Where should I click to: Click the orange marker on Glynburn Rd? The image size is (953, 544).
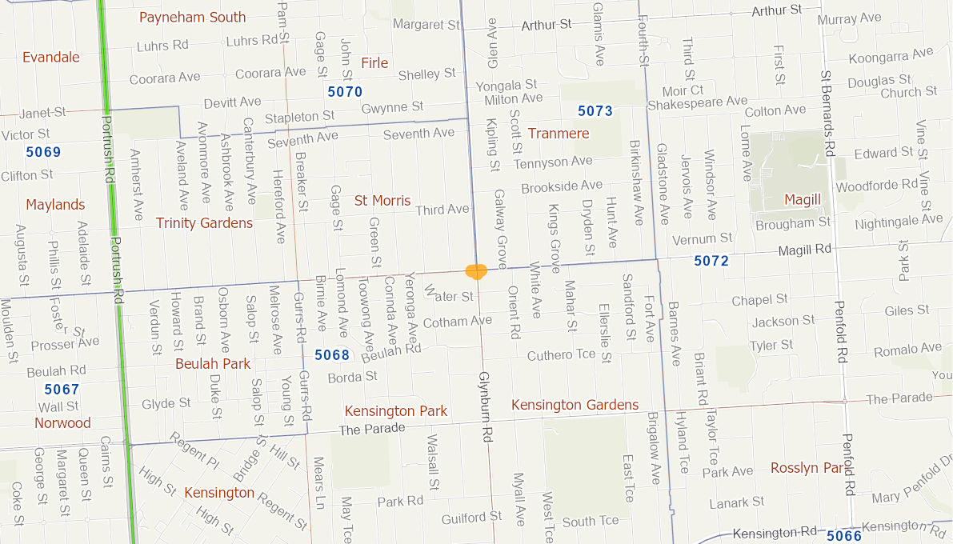(x=476, y=271)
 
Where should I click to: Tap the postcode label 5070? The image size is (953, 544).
(x=345, y=92)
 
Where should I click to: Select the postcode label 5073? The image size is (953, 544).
(x=595, y=111)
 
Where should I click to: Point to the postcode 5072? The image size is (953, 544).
(x=711, y=261)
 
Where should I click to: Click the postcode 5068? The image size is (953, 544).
(x=332, y=355)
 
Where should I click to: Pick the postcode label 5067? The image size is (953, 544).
(x=62, y=390)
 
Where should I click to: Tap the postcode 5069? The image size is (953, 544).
(x=43, y=152)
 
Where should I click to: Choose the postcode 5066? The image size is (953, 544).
(x=843, y=536)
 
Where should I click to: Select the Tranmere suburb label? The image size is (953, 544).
(x=559, y=133)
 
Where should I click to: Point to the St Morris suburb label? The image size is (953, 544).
(x=382, y=200)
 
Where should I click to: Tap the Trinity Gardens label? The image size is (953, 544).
(x=204, y=222)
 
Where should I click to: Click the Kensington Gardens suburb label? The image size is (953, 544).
(x=575, y=405)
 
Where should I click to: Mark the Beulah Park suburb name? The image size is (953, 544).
(x=213, y=363)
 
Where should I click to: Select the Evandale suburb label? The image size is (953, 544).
(x=51, y=57)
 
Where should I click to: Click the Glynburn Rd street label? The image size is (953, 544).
(x=485, y=408)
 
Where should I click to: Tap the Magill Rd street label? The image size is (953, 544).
(x=806, y=250)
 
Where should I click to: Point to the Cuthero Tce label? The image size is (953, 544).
(x=561, y=355)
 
